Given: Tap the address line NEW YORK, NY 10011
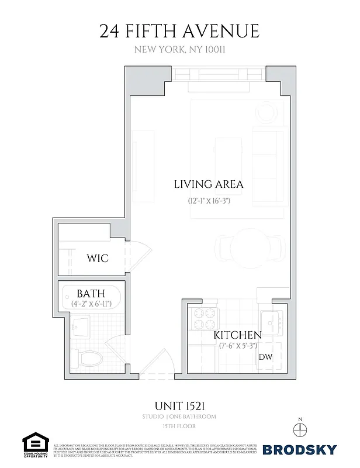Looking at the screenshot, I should click(x=179, y=50).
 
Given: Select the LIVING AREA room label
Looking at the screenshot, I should click(x=209, y=184).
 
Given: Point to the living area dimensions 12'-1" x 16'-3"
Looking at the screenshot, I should click(x=209, y=200).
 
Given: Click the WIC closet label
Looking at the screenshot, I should click(x=98, y=258).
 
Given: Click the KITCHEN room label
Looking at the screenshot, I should click(x=237, y=335).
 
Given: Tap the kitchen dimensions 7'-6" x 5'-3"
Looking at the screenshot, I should click(x=239, y=346).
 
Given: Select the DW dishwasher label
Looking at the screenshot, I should click(x=265, y=356).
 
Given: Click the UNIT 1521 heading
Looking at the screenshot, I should click(x=179, y=405).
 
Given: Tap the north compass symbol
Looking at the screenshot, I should click(x=301, y=429).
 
